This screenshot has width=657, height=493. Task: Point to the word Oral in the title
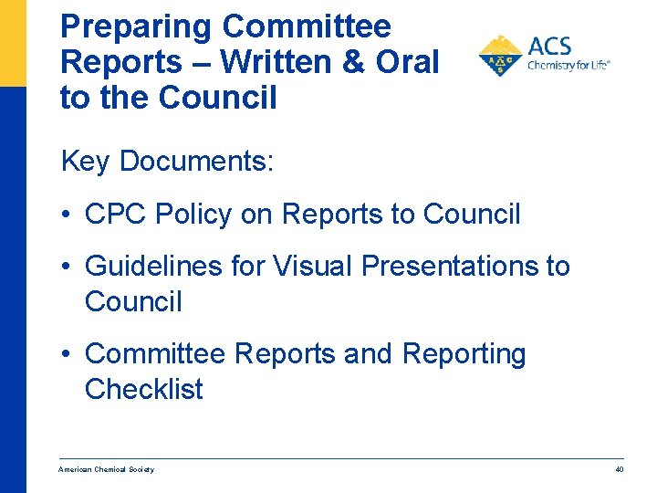pyautogui.click(x=410, y=61)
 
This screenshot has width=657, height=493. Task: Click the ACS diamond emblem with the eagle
pyautogui.click(x=500, y=57)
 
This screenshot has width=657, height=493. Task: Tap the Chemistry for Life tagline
pyautogui.click(x=568, y=65)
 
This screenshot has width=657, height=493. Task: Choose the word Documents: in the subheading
pyautogui.click(x=196, y=162)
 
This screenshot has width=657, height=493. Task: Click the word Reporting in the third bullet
pyautogui.click(x=464, y=354)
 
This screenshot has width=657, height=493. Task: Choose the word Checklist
pyautogui.click(x=144, y=389)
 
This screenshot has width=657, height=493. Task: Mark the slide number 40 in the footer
pyautogui.click(x=619, y=469)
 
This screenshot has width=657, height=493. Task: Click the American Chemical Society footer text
pyautogui.click(x=106, y=469)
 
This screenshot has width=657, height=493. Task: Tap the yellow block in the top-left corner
pyautogui.click(x=13, y=42)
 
